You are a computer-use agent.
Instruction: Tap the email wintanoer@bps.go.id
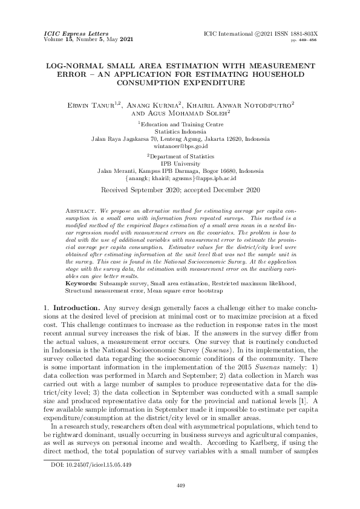pos(180,146)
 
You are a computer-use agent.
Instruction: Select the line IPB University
pos(180,163)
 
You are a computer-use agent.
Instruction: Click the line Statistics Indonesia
pos(180,131)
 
